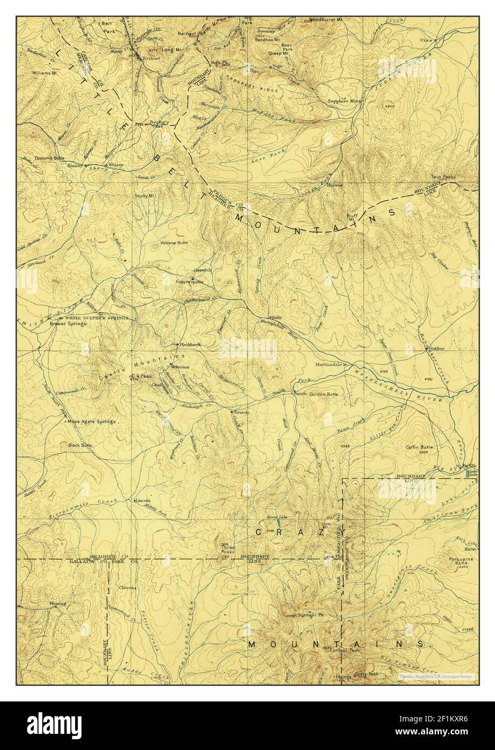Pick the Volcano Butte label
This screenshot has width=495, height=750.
click(174, 243)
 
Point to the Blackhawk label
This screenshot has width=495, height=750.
click(189, 344)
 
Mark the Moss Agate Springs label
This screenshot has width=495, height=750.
click(91, 421)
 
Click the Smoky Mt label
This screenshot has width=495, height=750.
click(145, 196)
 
